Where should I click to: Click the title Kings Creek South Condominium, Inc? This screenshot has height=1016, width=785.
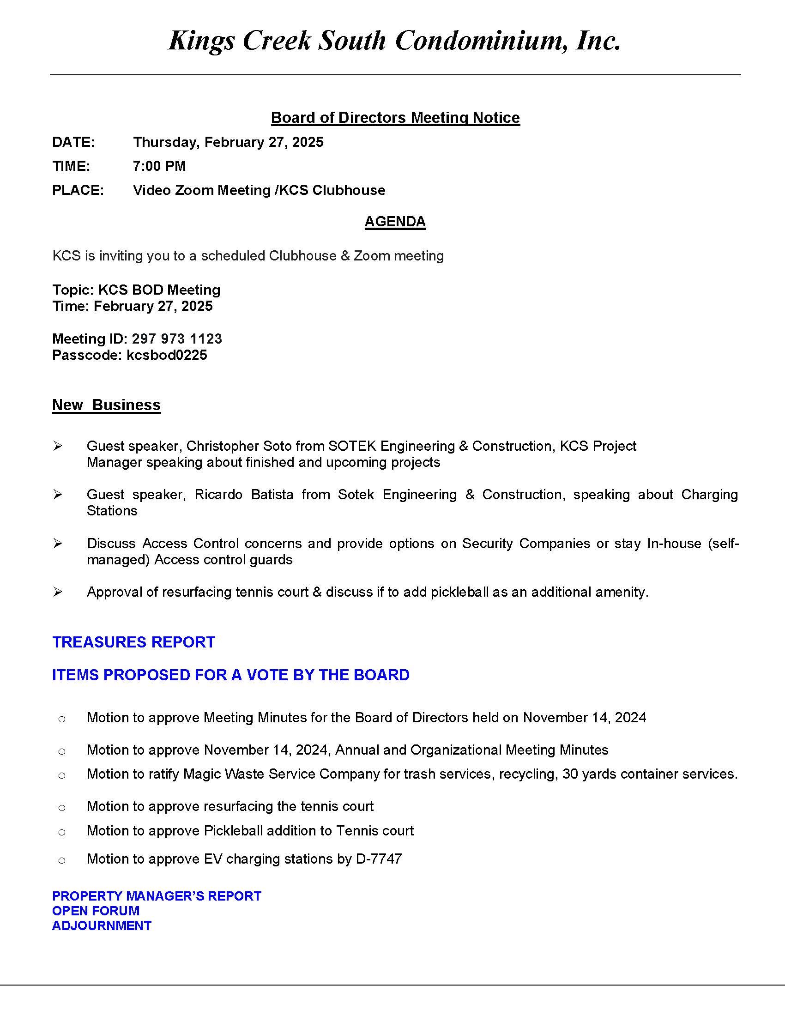click(x=394, y=41)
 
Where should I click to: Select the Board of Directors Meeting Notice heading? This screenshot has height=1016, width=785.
click(x=395, y=118)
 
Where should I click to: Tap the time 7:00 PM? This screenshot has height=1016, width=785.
click(x=159, y=166)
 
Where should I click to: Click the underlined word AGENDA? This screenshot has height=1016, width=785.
click(x=395, y=221)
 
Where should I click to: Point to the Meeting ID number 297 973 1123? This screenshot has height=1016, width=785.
click(x=177, y=339)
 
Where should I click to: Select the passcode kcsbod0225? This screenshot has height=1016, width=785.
click(x=167, y=355)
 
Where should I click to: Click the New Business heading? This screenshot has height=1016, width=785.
click(x=107, y=405)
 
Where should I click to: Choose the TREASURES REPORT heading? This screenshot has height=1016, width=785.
click(x=133, y=642)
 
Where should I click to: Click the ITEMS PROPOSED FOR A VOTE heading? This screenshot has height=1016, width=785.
click(x=231, y=675)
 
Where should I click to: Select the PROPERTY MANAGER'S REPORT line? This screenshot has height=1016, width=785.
click(x=157, y=896)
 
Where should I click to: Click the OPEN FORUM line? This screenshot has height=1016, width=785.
click(x=96, y=911)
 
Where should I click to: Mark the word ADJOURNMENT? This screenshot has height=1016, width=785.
click(x=102, y=926)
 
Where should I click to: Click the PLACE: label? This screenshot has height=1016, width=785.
click(x=78, y=190)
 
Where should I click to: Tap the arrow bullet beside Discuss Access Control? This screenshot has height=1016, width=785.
click(x=58, y=543)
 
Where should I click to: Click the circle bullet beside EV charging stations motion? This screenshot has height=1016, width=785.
click(x=62, y=860)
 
